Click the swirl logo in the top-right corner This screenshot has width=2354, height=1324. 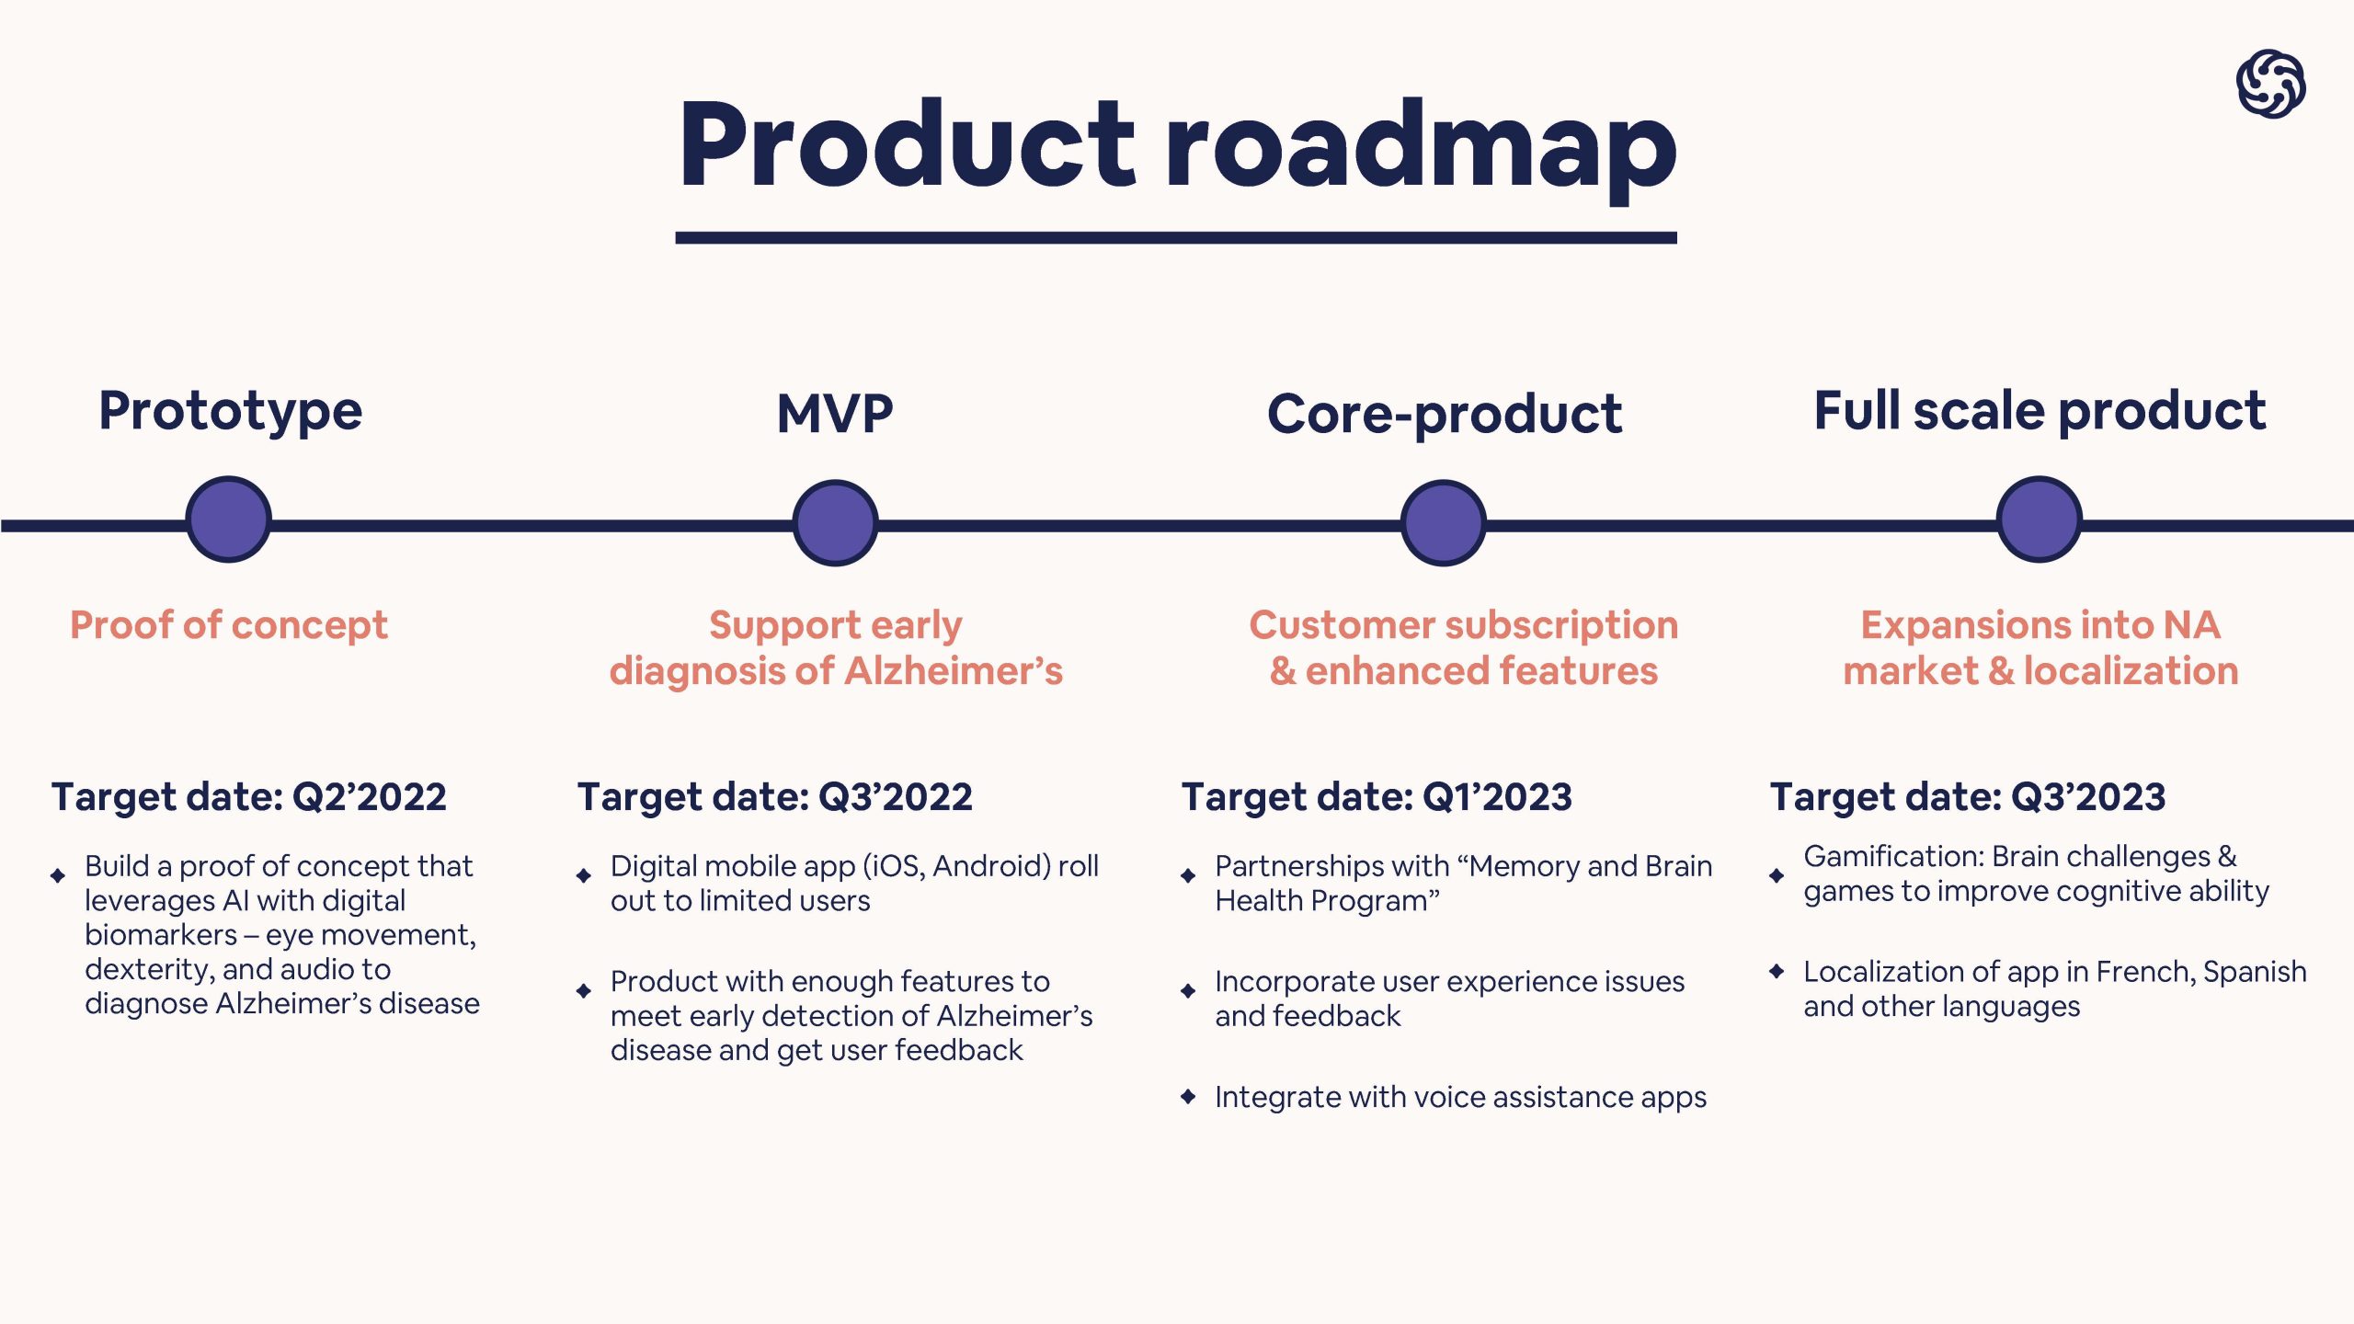2270,85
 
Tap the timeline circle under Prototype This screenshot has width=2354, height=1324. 228,519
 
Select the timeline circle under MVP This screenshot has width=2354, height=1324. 835,523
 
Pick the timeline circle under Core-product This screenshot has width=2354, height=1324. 1443,523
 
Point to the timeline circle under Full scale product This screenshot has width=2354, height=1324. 2040,519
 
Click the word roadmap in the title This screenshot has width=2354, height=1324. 1421,147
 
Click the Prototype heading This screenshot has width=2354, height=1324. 230,411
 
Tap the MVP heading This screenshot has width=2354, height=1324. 835,414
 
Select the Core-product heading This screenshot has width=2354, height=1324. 1445,415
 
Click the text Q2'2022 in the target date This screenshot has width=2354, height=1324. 369,797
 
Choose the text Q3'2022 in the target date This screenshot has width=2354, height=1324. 895,797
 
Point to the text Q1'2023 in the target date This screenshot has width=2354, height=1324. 1497,797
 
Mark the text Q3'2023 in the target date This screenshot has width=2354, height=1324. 2088,797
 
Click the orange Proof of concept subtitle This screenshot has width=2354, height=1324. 229,626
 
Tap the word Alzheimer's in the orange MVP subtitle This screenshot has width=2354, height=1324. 954,671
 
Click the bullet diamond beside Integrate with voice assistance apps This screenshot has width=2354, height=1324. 1188,1096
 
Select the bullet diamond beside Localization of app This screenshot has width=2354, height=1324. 1777,971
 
